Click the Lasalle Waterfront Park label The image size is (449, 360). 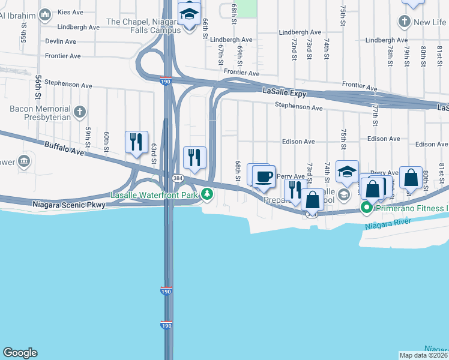154,195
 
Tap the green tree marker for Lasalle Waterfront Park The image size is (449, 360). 207,194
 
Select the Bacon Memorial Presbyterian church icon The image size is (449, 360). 80,111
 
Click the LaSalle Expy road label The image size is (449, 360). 285,93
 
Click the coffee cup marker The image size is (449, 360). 264,177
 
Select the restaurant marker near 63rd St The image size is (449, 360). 136,142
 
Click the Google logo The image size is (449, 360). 20,353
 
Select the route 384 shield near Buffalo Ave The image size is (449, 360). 178,179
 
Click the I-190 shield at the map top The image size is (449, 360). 166,81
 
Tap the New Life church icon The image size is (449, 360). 405,22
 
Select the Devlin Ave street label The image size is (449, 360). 61,41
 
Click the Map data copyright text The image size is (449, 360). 423,355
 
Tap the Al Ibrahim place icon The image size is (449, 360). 45,13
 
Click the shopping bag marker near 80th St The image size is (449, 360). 411,178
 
